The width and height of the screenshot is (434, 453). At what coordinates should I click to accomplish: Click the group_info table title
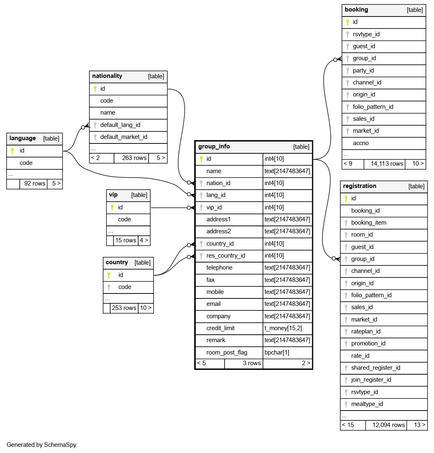tap(214, 146)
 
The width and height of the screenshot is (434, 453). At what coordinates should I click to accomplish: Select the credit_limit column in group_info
tap(220, 328)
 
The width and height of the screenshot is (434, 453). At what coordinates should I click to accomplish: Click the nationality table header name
tap(107, 76)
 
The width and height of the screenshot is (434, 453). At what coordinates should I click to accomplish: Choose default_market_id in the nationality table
tap(123, 137)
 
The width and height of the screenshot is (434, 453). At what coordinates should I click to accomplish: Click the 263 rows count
tap(134, 157)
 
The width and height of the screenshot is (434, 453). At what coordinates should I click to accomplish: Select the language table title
tap(23, 138)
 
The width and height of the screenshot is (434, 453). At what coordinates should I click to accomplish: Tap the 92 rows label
tap(35, 183)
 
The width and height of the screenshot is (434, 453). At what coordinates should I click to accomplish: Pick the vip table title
tap(113, 195)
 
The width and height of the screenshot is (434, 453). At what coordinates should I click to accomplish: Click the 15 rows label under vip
tap(125, 240)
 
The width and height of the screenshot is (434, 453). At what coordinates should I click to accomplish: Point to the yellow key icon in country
tap(109, 275)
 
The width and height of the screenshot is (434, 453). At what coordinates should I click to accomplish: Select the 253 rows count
tap(124, 308)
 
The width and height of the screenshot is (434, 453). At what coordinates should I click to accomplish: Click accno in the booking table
tap(361, 143)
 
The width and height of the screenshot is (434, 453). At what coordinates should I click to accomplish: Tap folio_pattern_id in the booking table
tap(373, 107)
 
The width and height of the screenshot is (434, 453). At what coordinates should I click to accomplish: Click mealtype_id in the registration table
tap(367, 404)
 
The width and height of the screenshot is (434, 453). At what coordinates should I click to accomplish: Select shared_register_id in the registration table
tap(376, 368)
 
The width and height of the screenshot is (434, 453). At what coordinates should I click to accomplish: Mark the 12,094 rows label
tap(388, 425)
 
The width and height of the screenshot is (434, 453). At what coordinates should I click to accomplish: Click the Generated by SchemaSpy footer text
tap(41, 445)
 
